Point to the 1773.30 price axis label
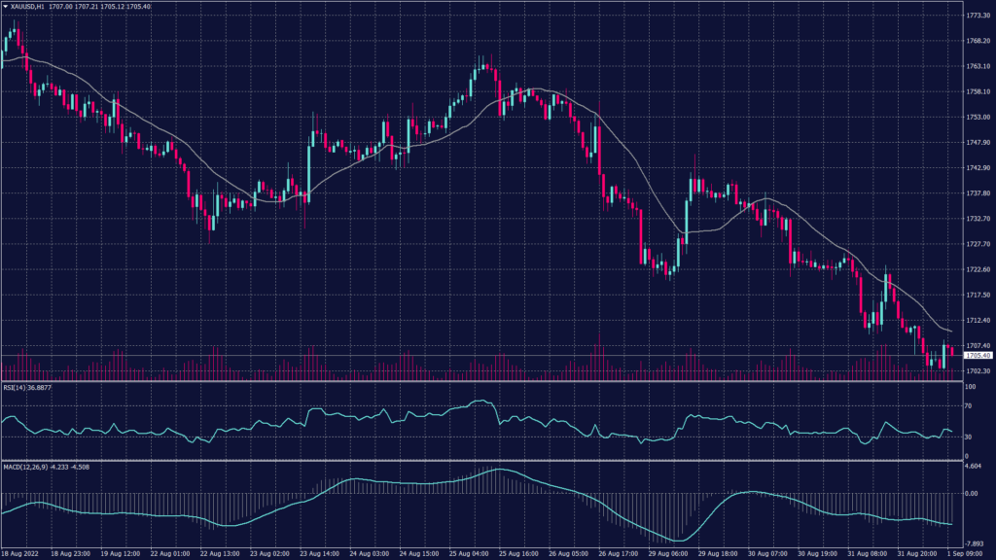[978, 16]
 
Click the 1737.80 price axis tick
[978, 193]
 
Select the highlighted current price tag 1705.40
[978, 356]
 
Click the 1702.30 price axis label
[978, 370]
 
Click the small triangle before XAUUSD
[5, 6]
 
